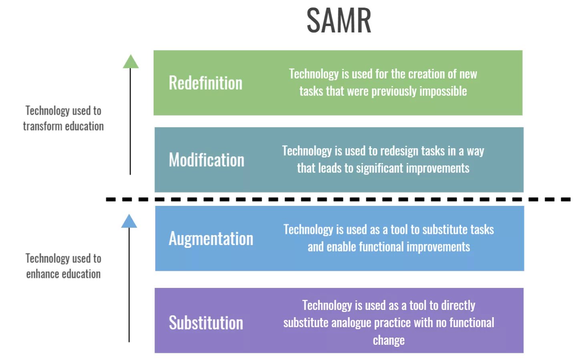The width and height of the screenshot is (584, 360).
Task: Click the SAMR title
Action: [339, 21]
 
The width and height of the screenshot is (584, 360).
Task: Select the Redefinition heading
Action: [205, 83]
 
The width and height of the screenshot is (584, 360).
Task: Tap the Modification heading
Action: [207, 160]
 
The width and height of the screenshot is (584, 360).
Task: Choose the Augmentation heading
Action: [211, 239]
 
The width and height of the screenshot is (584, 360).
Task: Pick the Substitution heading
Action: [206, 323]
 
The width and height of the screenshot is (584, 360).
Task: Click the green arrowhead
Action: [130, 62]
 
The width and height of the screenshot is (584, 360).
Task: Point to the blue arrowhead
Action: [129, 221]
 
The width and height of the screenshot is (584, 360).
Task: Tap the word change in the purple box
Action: [389, 340]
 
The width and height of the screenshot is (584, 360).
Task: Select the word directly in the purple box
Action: [458, 306]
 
